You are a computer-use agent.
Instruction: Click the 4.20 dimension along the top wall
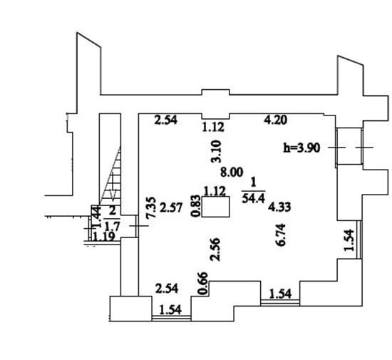tap(276, 120)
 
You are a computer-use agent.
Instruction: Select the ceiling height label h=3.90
tap(301, 148)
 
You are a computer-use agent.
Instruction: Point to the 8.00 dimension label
tap(232, 173)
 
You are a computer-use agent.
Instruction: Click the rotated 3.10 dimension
tap(216, 152)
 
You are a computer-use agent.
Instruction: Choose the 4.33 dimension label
tap(279, 207)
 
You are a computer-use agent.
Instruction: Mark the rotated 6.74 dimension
tap(280, 235)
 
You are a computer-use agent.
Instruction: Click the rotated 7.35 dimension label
tap(151, 208)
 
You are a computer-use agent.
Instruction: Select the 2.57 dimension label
tap(171, 207)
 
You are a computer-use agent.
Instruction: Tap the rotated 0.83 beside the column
tap(195, 206)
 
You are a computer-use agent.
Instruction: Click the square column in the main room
tap(215, 207)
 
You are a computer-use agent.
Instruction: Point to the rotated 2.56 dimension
tap(215, 250)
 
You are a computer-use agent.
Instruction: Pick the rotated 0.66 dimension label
tap(202, 283)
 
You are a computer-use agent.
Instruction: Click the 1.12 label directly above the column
tap(215, 192)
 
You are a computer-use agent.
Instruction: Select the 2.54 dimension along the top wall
tap(166, 120)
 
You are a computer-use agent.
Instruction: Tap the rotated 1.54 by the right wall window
tap(349, 240)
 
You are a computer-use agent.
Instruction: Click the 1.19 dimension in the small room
tap(104, 236)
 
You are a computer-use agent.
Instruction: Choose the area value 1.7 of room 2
tap(112, 227)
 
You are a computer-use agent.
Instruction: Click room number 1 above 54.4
tap(254, 182)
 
